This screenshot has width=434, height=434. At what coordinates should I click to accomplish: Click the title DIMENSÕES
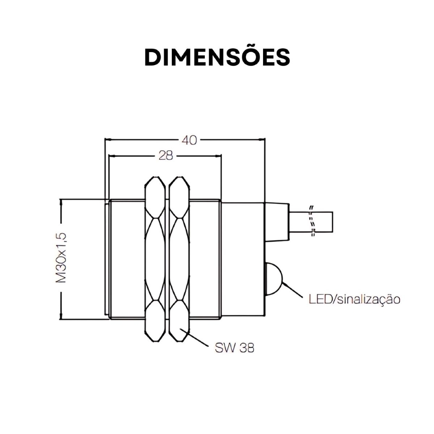[x=217, y=57]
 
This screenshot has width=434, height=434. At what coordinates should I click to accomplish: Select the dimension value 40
[x=189, y=140]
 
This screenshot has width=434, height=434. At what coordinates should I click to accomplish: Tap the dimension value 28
[x=165, y=155]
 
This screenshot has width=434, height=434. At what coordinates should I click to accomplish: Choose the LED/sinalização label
[x=354, y=299]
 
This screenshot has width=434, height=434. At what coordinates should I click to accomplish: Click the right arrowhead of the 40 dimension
[x=262, y=140]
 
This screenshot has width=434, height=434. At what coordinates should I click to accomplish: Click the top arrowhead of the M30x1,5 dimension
[x=62, y=202]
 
